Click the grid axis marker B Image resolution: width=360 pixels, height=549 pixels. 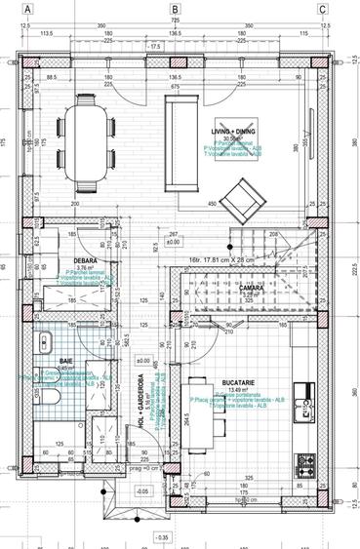pyautogui.click(x=175, y=10)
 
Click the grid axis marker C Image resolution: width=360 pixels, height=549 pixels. pyautogui.click(x=322, y=10)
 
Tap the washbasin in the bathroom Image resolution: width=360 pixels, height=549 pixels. pyautogui.click(x=46, y=342)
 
